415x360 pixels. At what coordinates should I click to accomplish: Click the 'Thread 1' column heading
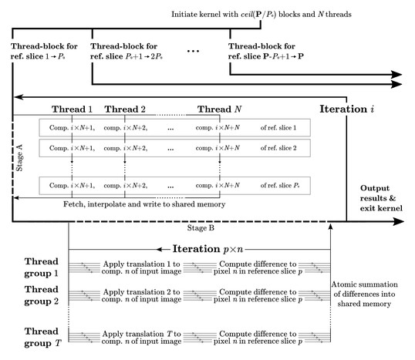point(72,109)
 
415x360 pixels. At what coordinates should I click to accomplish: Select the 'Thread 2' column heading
point(125,109)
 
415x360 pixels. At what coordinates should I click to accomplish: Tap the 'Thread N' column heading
point(219,109)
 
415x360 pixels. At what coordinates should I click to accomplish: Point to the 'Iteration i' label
point(346,109)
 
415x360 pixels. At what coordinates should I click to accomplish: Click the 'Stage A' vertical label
point(19,158)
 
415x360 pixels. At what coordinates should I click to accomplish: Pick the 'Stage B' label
point(201,228)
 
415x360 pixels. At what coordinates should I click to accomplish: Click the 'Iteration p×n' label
point(207,249)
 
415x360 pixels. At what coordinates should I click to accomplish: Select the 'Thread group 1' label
point(42,267)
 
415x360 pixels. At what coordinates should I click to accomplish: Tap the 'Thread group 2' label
point(42,295)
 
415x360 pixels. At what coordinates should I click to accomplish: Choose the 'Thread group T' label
point(42,337)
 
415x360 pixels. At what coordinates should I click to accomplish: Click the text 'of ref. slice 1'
point(278,128)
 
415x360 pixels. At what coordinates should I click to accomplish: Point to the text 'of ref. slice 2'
point(278,148)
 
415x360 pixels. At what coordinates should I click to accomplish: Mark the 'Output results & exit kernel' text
point(381,198)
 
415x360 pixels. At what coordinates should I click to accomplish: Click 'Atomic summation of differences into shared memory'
point(364,294)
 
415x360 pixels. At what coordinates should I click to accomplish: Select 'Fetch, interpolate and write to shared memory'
point(144,204)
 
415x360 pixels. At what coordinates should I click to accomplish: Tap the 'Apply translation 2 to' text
point(142,292)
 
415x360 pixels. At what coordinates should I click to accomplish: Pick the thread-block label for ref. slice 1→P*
point(44,51)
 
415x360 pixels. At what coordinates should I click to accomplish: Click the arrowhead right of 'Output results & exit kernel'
point(398,222)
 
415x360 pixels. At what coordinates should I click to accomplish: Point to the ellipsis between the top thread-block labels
point(193,51)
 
